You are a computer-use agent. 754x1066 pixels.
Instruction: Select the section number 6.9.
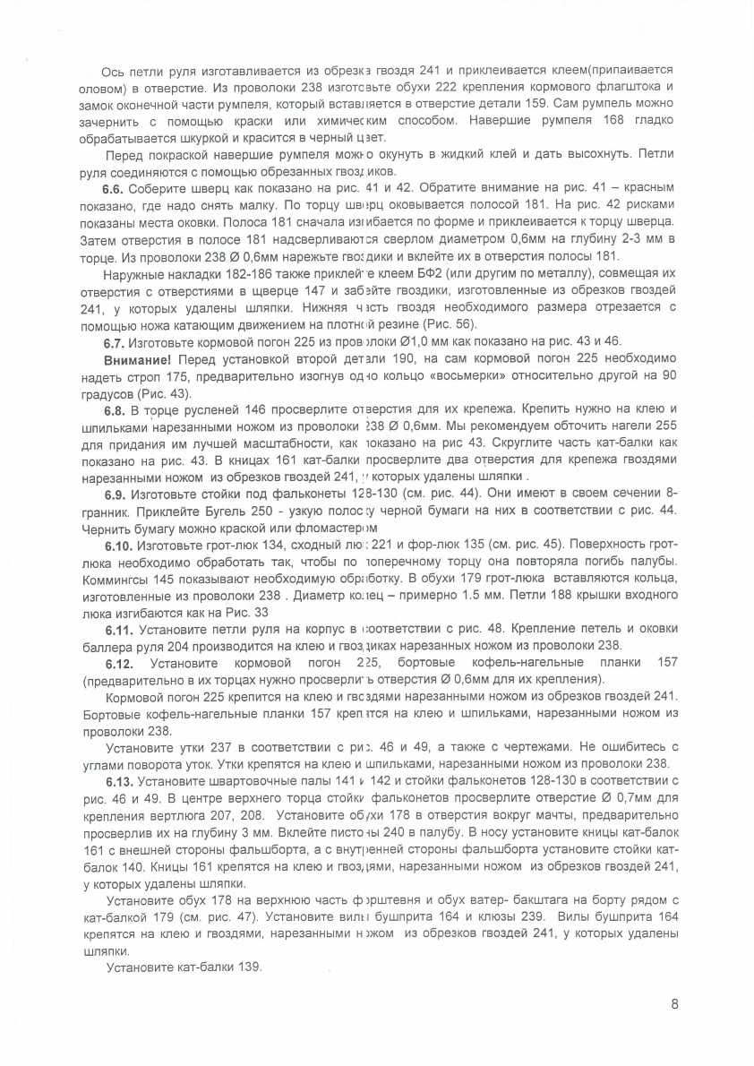coord(116,494)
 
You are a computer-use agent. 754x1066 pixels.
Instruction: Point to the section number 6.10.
coord(119,544)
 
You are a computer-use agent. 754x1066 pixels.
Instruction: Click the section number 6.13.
coord(119,782)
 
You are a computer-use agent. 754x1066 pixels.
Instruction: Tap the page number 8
coord(674,1004)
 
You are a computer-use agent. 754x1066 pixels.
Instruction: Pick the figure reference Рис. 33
coord(250,613)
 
